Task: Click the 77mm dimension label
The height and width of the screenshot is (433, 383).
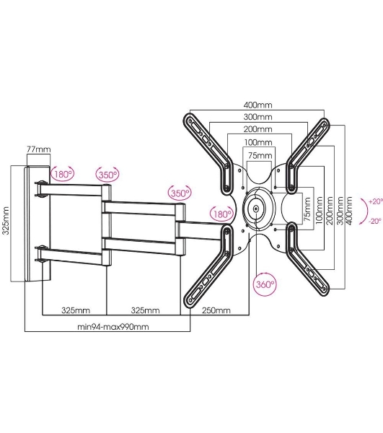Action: point(39,149)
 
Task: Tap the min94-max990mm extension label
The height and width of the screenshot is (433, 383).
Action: point(113,327)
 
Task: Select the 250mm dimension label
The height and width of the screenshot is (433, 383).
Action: point(216,310)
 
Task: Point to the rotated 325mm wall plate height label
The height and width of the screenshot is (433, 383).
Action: point(6,220)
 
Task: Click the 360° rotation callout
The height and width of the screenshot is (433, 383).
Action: point(265,284)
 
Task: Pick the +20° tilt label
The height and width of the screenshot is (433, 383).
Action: point(376,201)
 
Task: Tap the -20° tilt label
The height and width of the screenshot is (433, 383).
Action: point(375,221)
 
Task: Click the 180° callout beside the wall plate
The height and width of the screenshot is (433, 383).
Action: point(63,174)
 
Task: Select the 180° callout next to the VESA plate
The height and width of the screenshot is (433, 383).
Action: point(221,214)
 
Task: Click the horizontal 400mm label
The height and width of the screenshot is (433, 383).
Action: point(257,105)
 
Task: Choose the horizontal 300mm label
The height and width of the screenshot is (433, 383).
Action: point(257,117)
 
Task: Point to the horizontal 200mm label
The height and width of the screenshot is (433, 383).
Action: point(257,129)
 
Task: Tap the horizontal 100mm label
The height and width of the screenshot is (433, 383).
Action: point(258,142)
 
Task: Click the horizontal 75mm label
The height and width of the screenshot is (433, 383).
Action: point(260,155)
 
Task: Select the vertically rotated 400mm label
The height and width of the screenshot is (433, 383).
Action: point(349,211)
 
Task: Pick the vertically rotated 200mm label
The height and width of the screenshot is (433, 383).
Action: point(330,211)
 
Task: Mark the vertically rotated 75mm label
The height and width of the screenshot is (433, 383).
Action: point(307,209)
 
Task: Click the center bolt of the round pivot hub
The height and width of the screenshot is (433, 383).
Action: point(256,209)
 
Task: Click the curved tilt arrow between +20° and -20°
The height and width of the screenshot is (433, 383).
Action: point(366,211)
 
